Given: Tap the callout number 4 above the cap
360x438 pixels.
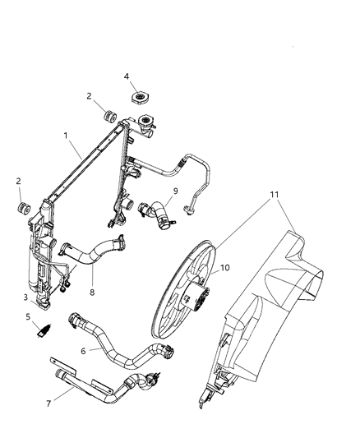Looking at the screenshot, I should [126, 76].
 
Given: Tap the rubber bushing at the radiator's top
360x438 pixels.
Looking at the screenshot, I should [107, 114].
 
